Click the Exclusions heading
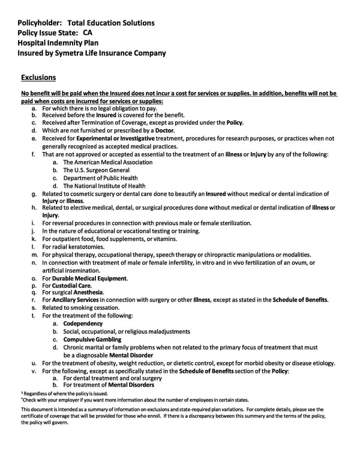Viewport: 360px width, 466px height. point(38,77)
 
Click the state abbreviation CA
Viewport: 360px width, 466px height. point(88,32)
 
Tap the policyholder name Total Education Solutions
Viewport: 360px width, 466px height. point(112,23)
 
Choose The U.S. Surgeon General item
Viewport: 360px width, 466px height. point(96,170)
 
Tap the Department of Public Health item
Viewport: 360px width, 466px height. point(100,178)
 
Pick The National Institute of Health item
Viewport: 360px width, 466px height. point(104,186)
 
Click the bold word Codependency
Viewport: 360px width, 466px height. point(83,324)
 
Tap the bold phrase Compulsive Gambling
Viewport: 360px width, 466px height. point(92,339)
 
